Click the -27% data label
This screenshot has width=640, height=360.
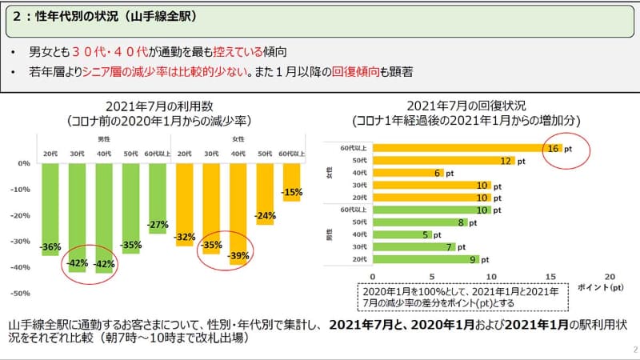pos(158,224)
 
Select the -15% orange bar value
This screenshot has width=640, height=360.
pos(291,192)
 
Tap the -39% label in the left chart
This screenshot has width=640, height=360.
pos(239,255)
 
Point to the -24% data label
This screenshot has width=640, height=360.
pos(266,215)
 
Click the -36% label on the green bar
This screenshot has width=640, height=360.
pos(50,246)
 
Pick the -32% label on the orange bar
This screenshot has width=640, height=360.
pos(185,237)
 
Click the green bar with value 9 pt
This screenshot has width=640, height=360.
pos(425,259)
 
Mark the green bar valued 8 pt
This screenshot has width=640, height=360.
pos(419,222)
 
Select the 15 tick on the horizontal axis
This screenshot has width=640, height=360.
pos(550,274)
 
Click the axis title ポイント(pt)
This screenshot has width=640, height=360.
pos(599,286)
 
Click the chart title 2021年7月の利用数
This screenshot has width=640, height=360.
pos(160,106)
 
